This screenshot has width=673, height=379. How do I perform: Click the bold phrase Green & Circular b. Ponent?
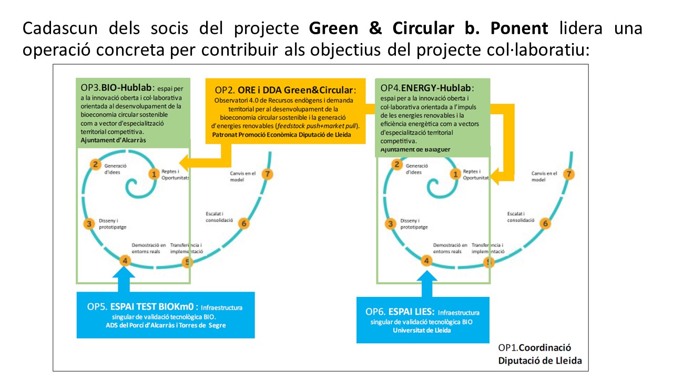(x=428, y=28)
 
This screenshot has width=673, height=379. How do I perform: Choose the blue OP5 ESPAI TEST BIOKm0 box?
(x=166, y=315)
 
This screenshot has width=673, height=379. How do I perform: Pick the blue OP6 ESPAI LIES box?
(x=423, y=320)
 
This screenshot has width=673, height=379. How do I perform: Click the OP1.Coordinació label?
(x=535, y=348)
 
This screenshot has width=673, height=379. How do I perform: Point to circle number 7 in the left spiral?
(x=268, y=174)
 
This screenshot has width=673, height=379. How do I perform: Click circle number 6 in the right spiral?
(x=545, y=224)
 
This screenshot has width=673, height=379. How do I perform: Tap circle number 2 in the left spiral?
(x=95, y=165)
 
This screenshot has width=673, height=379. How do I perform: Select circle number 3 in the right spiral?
(x=390, y=224)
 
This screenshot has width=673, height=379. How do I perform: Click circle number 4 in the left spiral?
(x=125, y=260)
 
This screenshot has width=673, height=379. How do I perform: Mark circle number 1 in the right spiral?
(x=456, y=174)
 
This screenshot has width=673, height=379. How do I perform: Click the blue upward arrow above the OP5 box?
(x=124, y=279)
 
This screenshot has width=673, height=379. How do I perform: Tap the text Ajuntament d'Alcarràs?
(x=114, y=141)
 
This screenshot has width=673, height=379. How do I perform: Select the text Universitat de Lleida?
(x=423, y=331)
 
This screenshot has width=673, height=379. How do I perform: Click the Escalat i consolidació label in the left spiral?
(x=219, y=217)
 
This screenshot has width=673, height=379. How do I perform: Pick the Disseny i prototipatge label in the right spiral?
(x=414, y=224)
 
